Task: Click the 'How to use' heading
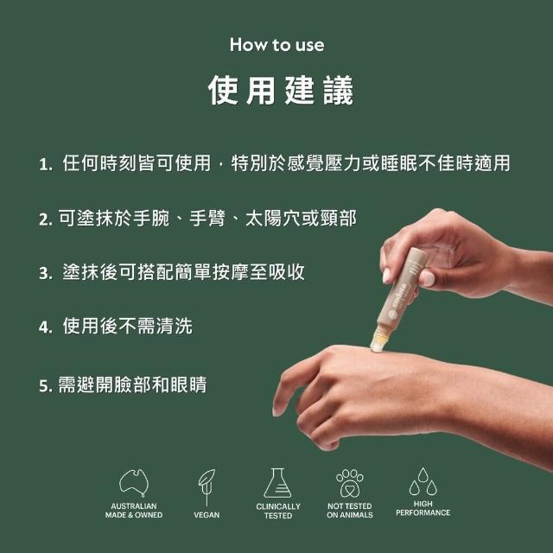(x=276, y=45)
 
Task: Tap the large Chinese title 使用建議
(x=280, y=90)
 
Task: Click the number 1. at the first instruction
(x=46, y=164)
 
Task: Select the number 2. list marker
(x=46, y=219)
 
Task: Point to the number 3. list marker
(x=46, y=273)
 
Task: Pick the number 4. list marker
(x=46, y=327)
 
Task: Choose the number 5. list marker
(x=46, y=386)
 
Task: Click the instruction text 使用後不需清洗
(x=128, y=326)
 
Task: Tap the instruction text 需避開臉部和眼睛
(x=132, y=385)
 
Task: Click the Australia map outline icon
(x=134, y=482)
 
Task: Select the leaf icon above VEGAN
(x=207, y=487)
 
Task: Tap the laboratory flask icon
(x=277, y=483)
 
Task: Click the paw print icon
(x=349, y=483)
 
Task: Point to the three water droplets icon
(x=423, y=482)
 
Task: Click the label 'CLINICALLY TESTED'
(x=278, y=511)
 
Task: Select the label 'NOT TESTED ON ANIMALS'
(x=349, y=511)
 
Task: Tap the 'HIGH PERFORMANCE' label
(x=423, y=508)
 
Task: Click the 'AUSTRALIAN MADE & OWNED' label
(x=134, y=511)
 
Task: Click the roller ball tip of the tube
(x=377, y=344)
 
